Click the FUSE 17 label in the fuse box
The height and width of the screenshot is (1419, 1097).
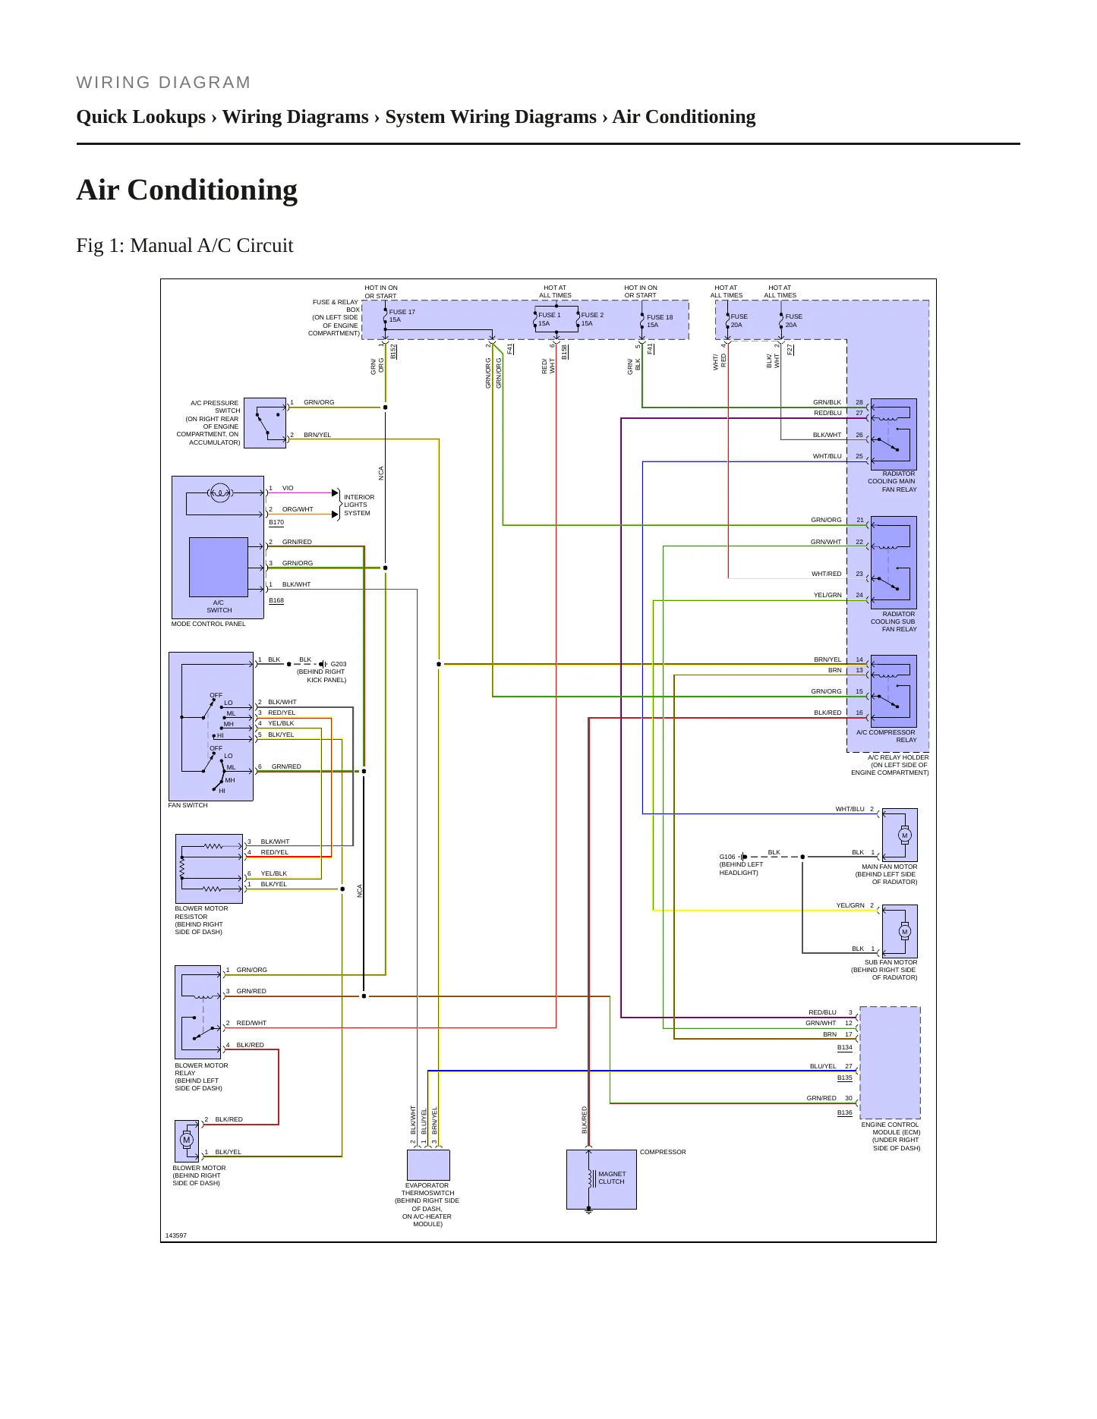point(402,312)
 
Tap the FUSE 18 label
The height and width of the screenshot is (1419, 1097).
point(660,317)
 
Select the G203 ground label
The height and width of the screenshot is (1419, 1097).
point(339,664)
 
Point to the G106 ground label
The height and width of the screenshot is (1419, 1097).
point(727,857)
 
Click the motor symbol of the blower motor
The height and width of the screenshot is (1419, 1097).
point(187,1140)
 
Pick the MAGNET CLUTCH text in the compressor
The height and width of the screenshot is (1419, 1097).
point(612,1178)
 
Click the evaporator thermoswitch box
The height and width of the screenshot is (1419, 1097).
point(428,1165)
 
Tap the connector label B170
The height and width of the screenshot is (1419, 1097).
point(276,522)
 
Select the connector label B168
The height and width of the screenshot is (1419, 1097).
point(276,600)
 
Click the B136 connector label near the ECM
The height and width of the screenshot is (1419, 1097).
point(845,1112)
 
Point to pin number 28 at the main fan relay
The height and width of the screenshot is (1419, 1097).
point(859,402)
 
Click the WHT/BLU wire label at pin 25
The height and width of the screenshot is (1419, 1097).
point(827,456)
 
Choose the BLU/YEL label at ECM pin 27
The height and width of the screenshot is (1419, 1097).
point(823,1066)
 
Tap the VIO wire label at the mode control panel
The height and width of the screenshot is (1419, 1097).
point(288,488)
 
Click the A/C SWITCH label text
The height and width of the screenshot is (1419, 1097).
point(219,606)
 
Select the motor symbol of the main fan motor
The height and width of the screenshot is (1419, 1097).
point(904,835)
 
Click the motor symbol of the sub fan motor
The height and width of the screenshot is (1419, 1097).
point(904,932)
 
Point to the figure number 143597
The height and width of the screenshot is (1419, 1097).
point(176,1235)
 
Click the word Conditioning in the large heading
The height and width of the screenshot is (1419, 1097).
point(213,190)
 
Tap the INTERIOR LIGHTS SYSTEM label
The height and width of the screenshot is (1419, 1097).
point(358,505)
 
